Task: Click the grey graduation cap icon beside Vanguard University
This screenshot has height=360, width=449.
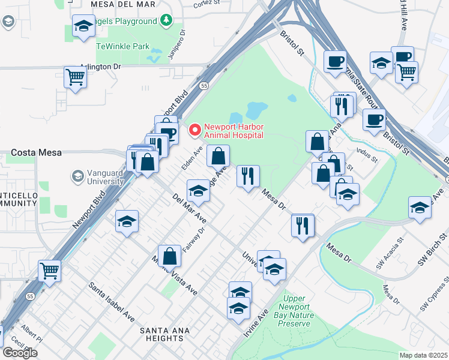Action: pos(77,176)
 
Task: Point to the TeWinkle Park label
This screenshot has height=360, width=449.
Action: pos(123,46)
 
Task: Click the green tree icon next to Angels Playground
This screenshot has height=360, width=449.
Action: pos(166,21)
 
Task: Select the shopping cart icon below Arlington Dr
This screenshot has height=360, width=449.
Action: pos(76,77)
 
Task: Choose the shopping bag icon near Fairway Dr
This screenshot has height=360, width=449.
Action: pos(170,256)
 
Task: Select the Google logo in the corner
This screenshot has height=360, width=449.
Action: pos(20,352)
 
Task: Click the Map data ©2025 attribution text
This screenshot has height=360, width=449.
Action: pos(423,355)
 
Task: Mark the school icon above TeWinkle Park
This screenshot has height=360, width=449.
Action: pos(83,26)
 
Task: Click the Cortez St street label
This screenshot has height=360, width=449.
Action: pos(207,4)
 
